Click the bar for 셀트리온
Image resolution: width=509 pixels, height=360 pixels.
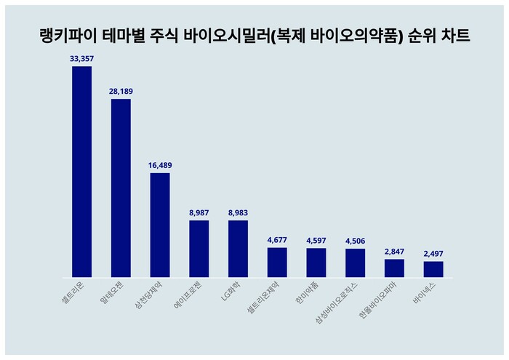click(81, 172)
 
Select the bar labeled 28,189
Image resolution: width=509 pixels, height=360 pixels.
click(121, 188)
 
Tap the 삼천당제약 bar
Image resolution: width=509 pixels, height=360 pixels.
click(160, 225)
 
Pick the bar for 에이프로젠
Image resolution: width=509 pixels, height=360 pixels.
click(199, 249)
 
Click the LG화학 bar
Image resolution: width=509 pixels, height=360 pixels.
click(238, 249)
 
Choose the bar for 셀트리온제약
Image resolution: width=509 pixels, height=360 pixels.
click(277, 263)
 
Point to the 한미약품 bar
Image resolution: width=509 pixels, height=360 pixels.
click(316, 263)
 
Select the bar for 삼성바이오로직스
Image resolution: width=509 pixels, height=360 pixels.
click(356, 263)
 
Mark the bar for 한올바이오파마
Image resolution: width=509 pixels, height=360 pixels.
click(394, 268)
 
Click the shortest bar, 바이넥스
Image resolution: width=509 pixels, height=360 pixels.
click(433, 270)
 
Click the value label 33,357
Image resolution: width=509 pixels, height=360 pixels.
click(81, 58)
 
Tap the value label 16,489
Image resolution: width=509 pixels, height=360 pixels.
click(160, 165)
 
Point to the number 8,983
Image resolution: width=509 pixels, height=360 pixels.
click(238, 212)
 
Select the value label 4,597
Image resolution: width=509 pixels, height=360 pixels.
click(316, 240)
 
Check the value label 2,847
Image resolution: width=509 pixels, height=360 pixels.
click(394, 251)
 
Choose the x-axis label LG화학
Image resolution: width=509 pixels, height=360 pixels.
click(231, 291)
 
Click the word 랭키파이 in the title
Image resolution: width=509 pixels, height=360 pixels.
click(67, 36)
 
